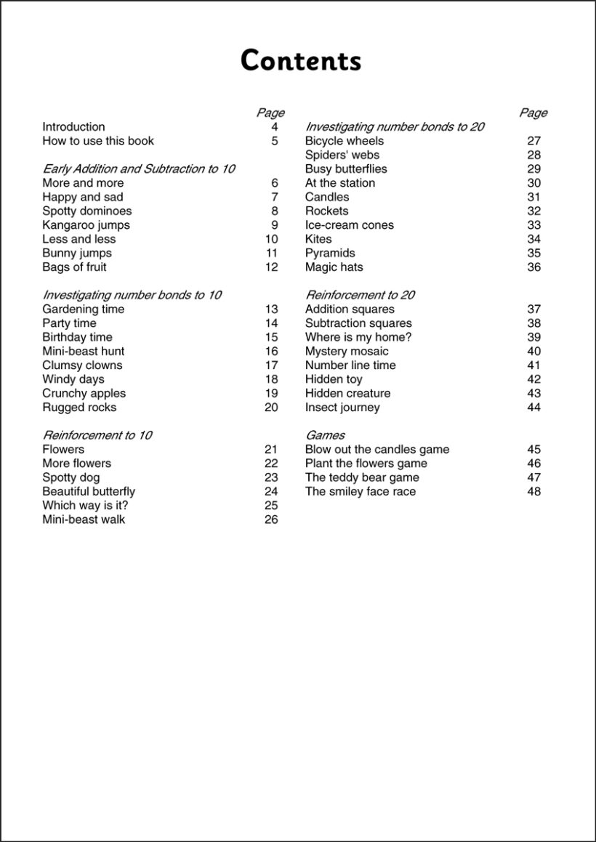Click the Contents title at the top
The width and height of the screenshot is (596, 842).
pos(300,61)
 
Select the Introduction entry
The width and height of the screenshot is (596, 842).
pos(73,127)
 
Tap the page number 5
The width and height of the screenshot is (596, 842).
pos(275,141)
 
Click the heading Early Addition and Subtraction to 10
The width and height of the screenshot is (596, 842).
pos(139,169)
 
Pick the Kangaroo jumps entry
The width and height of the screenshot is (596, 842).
pos(86,225)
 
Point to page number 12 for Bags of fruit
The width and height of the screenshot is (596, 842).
pos(271,267)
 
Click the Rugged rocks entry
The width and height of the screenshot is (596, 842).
pos(79,408)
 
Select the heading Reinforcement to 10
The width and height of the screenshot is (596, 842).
pos(97,435)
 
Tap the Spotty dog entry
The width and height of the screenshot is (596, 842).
pos(71,477)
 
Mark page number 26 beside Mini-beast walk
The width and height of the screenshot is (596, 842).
pos(271,519)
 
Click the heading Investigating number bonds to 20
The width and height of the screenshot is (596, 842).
pos(395,127)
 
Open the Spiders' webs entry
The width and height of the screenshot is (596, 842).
pos(342,155)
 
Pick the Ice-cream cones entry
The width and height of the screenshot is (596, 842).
pos(350,225)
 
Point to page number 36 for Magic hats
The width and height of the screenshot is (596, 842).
pos(534,267)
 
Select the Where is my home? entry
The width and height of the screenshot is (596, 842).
pos(358,337)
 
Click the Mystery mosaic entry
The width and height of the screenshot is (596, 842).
pos(347,352)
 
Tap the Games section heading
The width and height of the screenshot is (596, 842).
pos(325,435)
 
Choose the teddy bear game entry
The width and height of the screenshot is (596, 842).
pos(362,477)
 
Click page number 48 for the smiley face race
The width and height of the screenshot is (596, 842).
pos(534,492)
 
